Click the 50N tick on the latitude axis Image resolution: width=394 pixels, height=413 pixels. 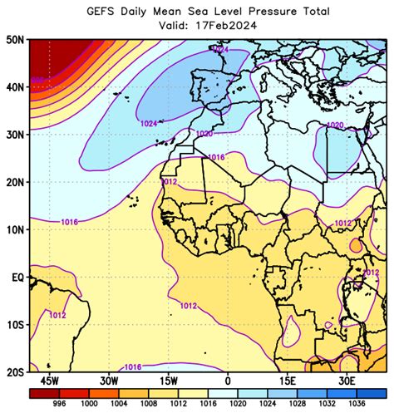(13, 39)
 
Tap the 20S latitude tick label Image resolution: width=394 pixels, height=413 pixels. (13, 373)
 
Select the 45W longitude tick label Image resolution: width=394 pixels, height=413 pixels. (49, 381)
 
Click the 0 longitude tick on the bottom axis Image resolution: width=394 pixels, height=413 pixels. (227, 381)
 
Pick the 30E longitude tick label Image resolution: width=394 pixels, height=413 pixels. (347, 381)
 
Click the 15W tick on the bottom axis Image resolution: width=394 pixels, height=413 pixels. (168, 381)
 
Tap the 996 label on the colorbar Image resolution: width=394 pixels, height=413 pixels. (59, 404)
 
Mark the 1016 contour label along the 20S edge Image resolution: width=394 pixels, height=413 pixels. (132, 366)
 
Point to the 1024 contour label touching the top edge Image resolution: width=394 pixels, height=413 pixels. (220, 51)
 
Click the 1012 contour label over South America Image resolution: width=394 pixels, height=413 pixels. (57, 315)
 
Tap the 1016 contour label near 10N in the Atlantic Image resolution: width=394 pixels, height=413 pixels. (71, 222)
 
